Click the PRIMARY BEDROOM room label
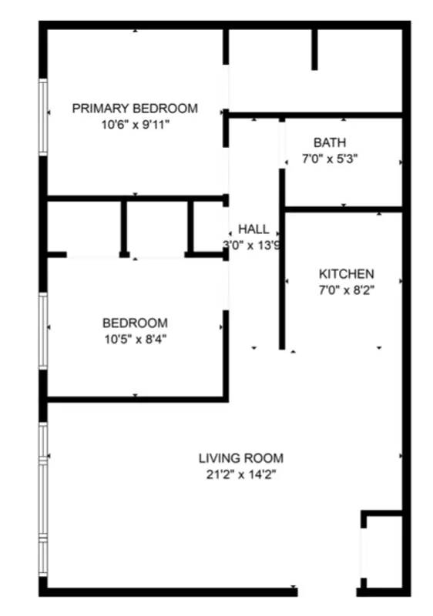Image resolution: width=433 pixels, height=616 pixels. tap(135, 109)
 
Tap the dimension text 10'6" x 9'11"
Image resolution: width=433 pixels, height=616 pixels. tap(135, 123)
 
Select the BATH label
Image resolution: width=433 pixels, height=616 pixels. tap(329, 142)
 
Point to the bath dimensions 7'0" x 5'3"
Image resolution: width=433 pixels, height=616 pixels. tap(329, 159)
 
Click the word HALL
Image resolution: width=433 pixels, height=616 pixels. tap(253, 229)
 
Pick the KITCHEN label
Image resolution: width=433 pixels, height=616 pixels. tap(346, 274)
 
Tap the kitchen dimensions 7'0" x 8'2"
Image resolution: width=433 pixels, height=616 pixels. tap(346, 290)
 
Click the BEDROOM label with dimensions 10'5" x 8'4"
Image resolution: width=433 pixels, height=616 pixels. tap(135, 323)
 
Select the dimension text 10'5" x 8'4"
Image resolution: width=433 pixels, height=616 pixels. tap(135, 339)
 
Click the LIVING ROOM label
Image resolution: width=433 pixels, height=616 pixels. tap(240, 458)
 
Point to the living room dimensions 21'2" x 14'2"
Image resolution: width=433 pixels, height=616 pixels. tap(240, 474)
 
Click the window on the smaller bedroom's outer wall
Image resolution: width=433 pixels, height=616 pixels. tap(44, 331)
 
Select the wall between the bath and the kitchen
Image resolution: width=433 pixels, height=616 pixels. tap(343, 209)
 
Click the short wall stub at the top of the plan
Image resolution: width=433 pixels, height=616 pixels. tap(314, 50)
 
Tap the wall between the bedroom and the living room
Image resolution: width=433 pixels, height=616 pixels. tap(135, 399)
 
